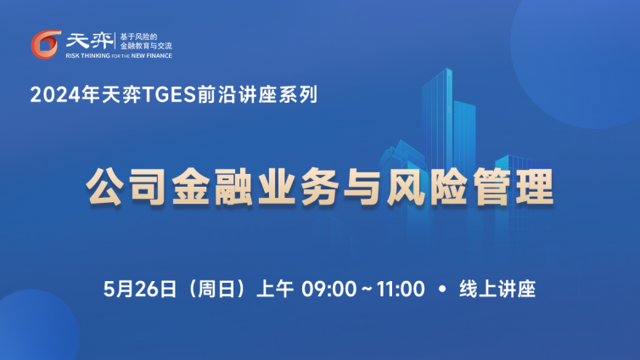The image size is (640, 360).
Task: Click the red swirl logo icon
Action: click(x=46, y=44)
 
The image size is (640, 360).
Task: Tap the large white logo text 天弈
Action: click(x=90, y=41)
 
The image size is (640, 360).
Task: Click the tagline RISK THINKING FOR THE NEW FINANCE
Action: click(x=119, y=56)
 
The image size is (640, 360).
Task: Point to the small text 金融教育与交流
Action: click(x=146, y=46)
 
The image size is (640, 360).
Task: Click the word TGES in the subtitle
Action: click(x=169, y=95)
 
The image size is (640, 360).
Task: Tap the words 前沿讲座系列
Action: click(x=257, y=95)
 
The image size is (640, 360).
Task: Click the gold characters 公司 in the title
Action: click(x=126, y=187)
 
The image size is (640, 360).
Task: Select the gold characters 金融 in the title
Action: click(x=211, y=187)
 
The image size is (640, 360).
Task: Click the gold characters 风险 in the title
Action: click(x=427, y=187)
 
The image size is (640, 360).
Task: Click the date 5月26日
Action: click(x=139, y=289)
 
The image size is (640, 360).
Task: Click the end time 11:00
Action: click(x=401, y=289)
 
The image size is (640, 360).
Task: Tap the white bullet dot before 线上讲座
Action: click(x=442, y=289)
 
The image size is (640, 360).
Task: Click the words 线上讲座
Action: click(x=497, y=289)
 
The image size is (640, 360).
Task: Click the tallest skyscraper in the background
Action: click(x=437, y=122)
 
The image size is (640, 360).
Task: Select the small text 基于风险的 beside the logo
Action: click(x=138, y=37)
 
